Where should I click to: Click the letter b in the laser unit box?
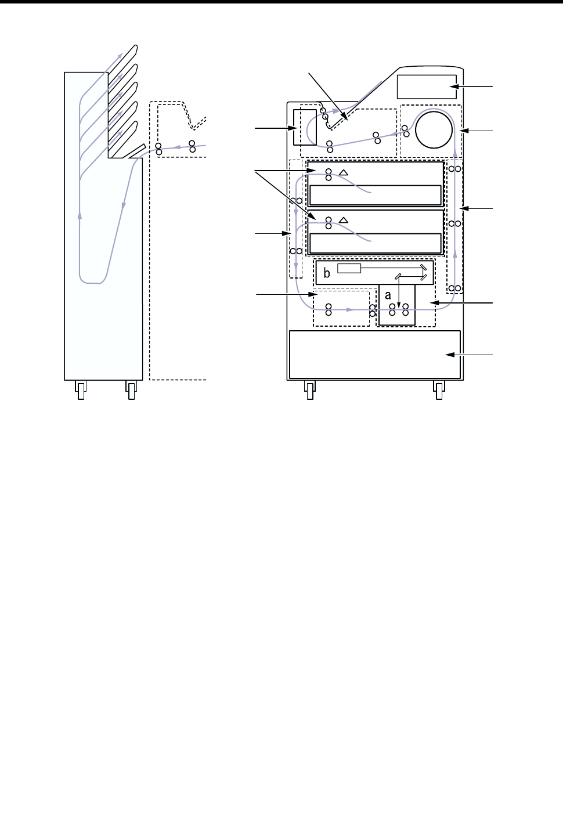coord(327,273)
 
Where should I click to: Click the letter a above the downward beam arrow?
coord(388,295)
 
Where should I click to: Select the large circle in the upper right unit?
coord(434,130)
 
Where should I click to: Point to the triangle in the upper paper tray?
coord(344,172)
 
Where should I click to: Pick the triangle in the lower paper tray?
coord(344,221)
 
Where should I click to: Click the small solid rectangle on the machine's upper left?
coord(305,127)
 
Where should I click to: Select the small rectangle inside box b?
coord(349,268)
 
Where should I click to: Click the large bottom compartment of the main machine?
coord(375,354)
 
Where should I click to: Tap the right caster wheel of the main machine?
coord(439,390)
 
